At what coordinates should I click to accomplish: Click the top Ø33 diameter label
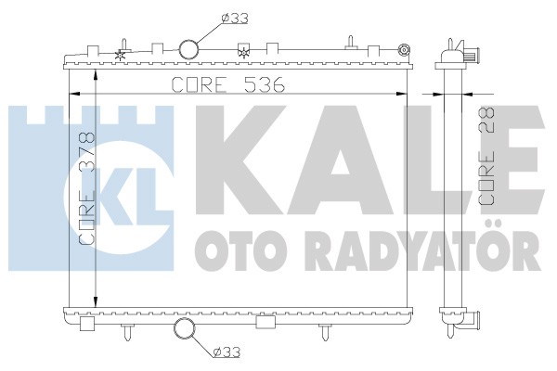(x=235, y=19)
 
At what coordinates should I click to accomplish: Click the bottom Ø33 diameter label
(x=227, y=352)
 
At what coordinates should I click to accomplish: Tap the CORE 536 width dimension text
(x=228, y=84)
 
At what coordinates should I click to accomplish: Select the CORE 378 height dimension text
(x=87, y=188)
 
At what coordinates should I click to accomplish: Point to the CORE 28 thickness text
(x=486, y=156)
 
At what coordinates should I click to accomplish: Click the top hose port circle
(x=188, y=49)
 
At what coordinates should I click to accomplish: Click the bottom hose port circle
(x=185, y=328)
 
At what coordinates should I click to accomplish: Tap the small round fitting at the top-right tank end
(x=404, y=50)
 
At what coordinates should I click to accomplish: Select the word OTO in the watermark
(x=236, y=250)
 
